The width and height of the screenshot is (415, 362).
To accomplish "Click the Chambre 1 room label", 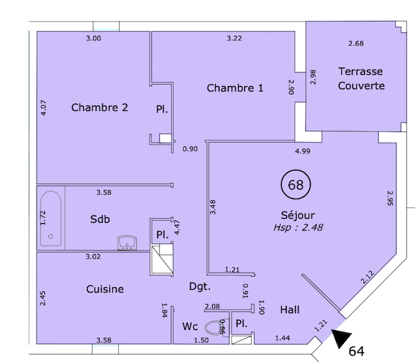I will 235,88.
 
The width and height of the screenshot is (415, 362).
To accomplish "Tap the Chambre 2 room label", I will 99,107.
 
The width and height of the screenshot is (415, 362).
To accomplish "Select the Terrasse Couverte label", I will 361,78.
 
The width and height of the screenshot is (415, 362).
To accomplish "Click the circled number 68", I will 296,185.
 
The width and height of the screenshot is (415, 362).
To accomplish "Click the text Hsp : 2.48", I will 299,228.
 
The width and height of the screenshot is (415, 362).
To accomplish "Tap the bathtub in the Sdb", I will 50,218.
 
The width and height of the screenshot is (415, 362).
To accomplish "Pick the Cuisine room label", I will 105,288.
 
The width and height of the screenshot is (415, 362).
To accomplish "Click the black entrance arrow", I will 341,338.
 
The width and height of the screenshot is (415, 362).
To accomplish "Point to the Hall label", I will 290,310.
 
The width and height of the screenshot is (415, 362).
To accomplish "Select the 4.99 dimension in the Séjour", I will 302,152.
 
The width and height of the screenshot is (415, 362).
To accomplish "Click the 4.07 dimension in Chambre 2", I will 44,107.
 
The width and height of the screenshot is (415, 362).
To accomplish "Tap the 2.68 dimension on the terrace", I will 356,44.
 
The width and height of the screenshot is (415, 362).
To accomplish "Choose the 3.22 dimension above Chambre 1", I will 234,38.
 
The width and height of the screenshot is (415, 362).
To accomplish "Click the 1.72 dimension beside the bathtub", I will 43,217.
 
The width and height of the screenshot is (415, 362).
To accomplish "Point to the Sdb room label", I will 99,219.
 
